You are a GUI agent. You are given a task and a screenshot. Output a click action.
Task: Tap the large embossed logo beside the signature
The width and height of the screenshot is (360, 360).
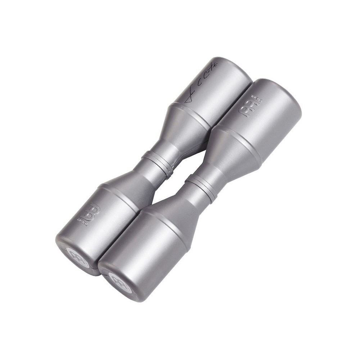click(246, 108)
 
